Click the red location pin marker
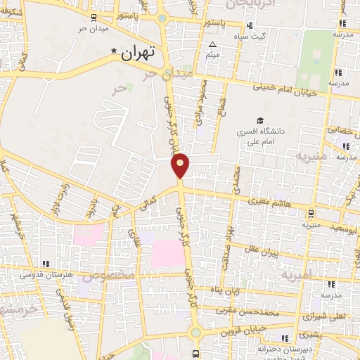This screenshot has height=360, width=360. click(x=181, y=165)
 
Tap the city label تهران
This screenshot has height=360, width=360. click(x=139, y=53)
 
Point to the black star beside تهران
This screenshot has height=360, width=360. click(x=115, y=51)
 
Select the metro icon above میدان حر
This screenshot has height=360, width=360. click(x=94, y=18)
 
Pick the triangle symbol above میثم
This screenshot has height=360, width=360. click(x=212, y=45)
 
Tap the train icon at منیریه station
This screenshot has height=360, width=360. click(x=310, y=213)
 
